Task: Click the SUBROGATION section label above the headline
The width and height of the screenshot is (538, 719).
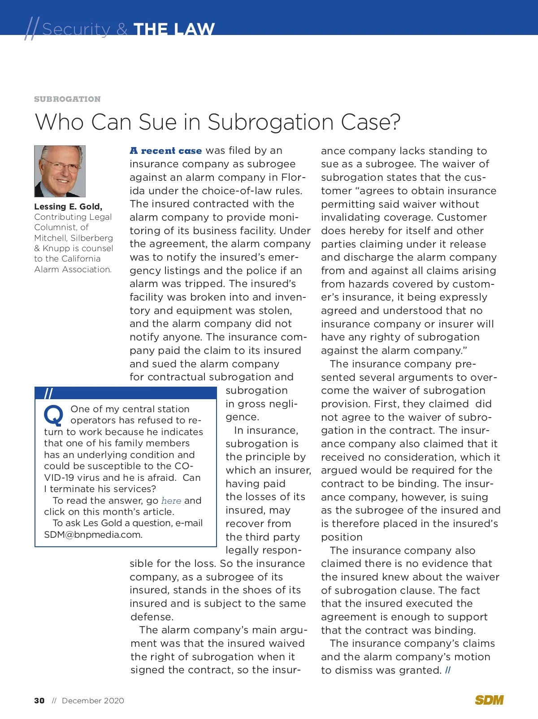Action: click(67, 99)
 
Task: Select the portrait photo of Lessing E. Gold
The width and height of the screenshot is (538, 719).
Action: click(60, 171)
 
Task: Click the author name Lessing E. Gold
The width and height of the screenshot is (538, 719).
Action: click(68, 206)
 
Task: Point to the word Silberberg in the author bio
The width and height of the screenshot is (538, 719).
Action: click(92, 238)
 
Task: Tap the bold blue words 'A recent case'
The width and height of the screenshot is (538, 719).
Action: click(165, 151)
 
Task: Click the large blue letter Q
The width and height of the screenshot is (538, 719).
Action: click(54, 415)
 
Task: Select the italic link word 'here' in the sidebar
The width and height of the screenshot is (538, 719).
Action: click(171, 501)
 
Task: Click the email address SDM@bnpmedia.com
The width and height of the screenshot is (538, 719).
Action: click(93, 535)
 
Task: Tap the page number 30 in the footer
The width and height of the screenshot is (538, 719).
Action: click(39, 701)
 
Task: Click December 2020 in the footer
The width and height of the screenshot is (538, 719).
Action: click(93, 701)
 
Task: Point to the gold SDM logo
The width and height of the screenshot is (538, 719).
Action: click(489, 700)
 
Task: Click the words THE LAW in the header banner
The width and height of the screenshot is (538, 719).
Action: click(174, 30)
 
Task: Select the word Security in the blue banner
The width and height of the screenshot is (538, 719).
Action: click(76, 30)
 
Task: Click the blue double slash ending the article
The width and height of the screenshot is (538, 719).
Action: click(448, 670)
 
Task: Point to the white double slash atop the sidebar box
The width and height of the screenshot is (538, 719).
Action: click(48, 393)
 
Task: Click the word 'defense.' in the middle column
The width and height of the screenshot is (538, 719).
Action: click(152, 617)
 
